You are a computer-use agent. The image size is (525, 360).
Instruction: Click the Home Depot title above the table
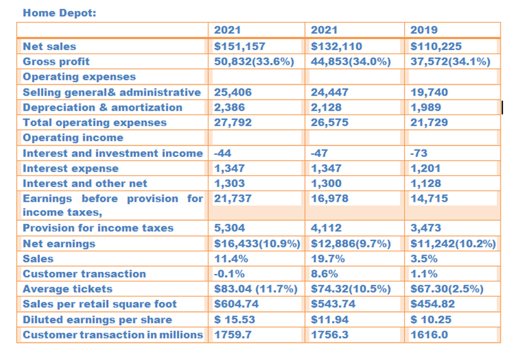click(59, 13)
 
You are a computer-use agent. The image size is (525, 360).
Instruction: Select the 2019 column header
click(424, 30)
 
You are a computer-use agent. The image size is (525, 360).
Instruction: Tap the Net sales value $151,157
click(239, 46)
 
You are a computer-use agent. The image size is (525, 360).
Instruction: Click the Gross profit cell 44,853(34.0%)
click(351, 62)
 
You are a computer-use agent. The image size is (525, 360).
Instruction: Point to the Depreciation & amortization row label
click(102, 107)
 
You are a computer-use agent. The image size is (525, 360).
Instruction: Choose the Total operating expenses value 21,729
click(430, 123)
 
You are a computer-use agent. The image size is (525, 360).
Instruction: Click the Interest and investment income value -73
click(418, 153)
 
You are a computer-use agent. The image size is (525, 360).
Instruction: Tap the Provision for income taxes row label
click(98, 228)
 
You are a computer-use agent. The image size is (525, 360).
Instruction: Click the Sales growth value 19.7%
click(327, 259)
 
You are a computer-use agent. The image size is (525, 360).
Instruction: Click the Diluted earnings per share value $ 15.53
click(237, 319)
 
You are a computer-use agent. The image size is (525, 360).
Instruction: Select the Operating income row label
click(73, 138)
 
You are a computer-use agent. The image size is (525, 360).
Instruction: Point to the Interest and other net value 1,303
click(230, 184)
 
